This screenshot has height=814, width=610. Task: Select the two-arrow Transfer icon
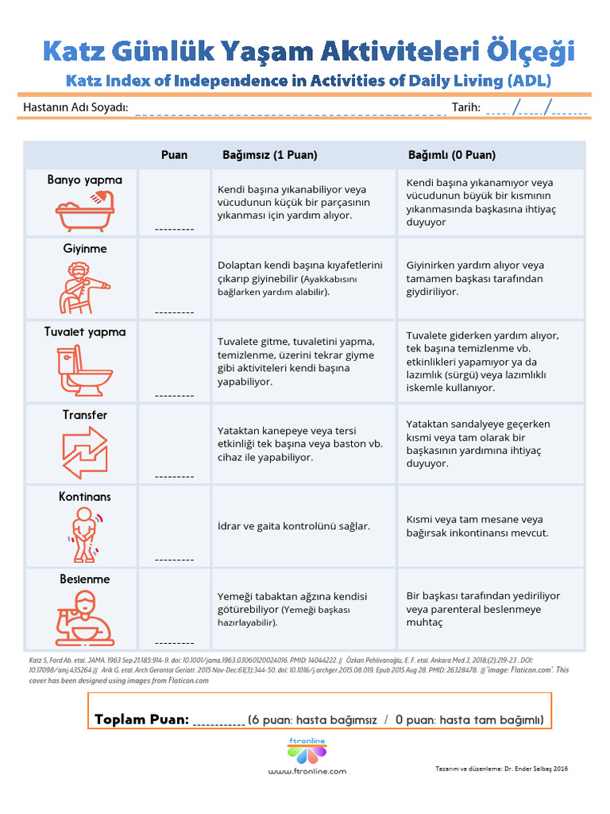click(x=85, y=453)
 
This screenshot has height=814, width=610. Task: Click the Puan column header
click(x=175, y=155)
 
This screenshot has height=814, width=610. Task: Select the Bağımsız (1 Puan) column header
click(x=264, y=155)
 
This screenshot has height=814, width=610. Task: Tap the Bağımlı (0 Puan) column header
click(x=452, y=155)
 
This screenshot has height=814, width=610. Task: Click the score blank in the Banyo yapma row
click(x=175, y=228)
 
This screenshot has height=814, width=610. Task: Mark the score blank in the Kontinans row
click(x=175, y=559)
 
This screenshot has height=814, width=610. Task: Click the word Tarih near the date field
click(x=466, y=107)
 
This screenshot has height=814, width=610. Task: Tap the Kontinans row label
click(x=85, y=497)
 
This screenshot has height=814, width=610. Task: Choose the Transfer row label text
click(x=85, y=415)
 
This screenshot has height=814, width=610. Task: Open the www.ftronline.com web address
click(x=307, y=771)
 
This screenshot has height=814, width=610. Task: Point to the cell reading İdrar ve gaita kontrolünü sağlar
click(x=294, y=526)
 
